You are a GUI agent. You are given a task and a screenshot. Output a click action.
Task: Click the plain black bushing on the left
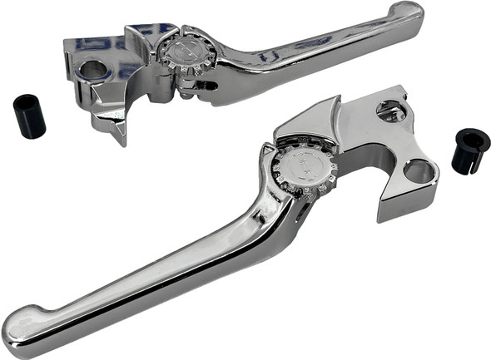[29, 116]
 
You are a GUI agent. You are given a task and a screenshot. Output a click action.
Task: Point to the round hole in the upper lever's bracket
[94, 70]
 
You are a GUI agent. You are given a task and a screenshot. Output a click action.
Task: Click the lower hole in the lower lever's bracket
[419, 172]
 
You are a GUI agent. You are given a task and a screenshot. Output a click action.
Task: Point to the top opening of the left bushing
[25, 102]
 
